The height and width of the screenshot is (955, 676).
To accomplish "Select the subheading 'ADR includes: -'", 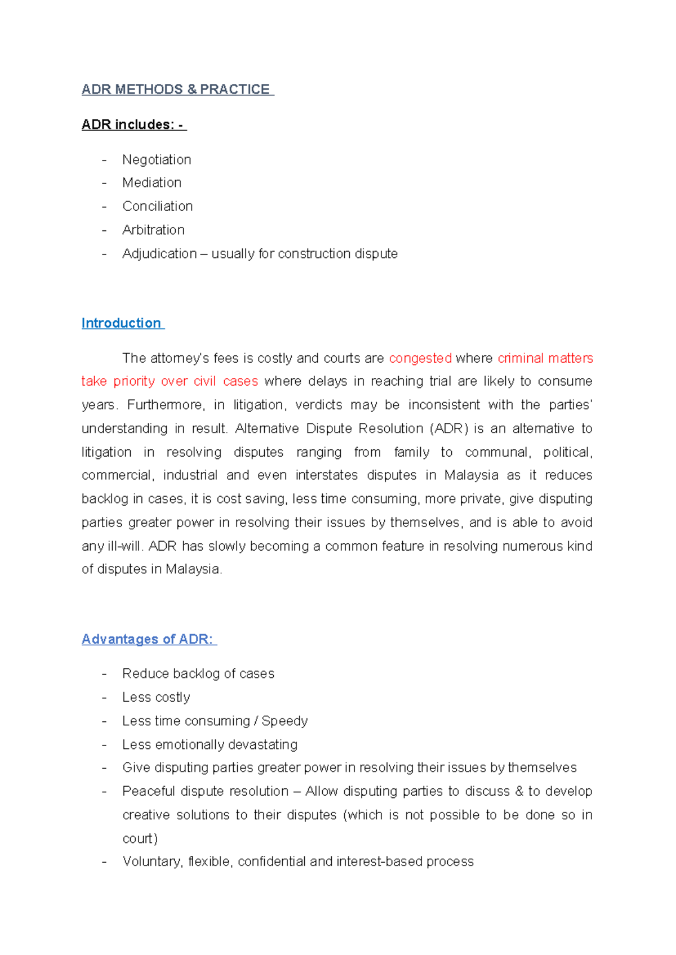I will (133, 124).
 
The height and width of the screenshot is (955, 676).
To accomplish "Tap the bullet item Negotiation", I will (157, 160).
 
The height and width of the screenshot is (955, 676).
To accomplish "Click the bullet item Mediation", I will (152, 183).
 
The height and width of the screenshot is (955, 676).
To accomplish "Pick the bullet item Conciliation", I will (157, 207).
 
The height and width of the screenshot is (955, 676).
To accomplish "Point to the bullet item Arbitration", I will (153, 230).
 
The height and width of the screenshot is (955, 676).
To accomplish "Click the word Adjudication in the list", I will (159, 254).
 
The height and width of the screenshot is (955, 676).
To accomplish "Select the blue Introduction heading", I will (121, 323).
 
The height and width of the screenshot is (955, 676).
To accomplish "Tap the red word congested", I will (420, 359).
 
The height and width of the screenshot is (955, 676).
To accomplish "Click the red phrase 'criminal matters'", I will (545, 359).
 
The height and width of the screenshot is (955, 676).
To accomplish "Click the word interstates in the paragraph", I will (326, 476).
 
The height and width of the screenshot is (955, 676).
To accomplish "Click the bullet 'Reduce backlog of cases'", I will (198, 674).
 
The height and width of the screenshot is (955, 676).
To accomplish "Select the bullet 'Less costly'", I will (156, 698).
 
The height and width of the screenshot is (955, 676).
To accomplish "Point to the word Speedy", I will (284, 721).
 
